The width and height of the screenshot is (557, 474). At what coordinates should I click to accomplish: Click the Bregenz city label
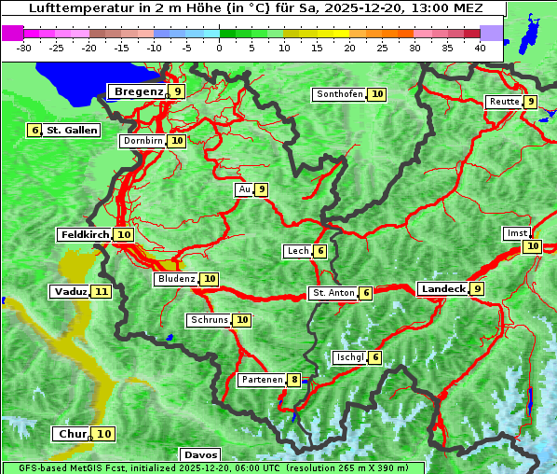138,91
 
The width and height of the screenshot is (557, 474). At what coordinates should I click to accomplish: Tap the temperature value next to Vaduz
102,292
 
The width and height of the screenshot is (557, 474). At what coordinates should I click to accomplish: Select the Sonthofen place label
340,94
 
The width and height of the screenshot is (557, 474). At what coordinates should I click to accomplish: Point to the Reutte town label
504,102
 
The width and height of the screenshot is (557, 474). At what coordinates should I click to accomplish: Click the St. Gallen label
72,131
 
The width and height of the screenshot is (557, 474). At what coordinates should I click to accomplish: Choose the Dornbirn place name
143,141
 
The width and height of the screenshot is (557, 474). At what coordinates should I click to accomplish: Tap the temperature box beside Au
263,189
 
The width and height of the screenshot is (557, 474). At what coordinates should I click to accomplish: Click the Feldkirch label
85,235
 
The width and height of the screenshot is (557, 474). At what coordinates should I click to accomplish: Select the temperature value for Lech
320,251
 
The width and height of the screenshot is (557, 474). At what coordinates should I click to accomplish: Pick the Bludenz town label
177,279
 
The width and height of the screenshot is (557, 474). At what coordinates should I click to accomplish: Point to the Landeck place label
443,289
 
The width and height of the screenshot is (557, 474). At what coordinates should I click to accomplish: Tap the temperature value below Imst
532,246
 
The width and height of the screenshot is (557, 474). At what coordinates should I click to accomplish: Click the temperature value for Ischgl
375,357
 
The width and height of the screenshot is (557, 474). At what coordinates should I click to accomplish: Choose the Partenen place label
262,380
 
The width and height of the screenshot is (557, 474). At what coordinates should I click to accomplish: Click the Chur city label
72,434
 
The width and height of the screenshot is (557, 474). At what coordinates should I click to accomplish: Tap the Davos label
199,454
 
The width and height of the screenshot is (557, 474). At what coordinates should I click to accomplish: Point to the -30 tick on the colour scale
24,48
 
